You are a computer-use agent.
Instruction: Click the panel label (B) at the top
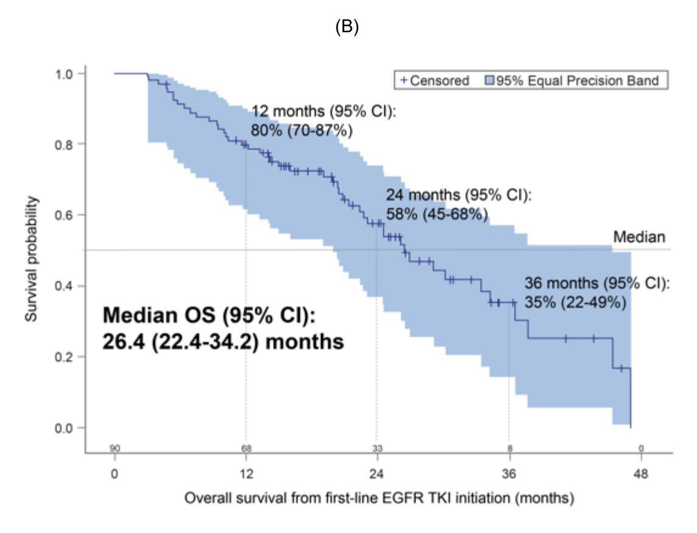coord(347,27)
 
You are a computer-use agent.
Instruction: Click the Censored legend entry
coord(435,80)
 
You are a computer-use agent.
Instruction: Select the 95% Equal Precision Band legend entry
coord(572,80)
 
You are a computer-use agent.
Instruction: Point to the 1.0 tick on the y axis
coord(64,74)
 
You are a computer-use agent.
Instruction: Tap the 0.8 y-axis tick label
coord(64,144)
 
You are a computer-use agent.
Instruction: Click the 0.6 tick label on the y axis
coord(64,215)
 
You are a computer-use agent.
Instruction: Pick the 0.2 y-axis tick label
coord(64,357)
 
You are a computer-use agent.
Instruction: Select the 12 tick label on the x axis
coord(246,474)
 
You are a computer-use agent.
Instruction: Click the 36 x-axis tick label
coord(510,474)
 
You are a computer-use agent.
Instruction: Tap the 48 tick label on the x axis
coord(640,474)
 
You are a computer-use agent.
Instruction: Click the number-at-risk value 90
coord(115,448)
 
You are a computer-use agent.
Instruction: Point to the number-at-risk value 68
coord(246,448)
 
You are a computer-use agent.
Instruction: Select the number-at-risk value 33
coord(377,448)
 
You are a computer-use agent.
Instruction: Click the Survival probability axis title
coord(31,259)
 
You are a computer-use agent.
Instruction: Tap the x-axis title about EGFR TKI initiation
coord(379,498)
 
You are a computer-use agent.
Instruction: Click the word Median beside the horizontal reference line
coord(639,237)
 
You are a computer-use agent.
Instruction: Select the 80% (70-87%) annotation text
coord(302,130)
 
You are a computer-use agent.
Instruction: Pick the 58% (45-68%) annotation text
coord(437,214)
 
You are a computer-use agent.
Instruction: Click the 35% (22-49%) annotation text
coord(575,302)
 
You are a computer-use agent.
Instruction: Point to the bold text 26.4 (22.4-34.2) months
coord(223,342)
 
